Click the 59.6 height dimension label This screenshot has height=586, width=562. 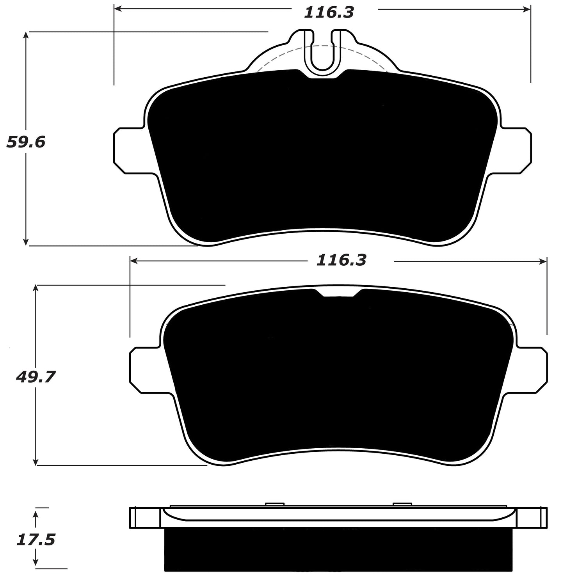tap(26, 142)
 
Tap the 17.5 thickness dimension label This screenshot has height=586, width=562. tap(36, 540)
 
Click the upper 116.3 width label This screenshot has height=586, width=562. tap(329, 12)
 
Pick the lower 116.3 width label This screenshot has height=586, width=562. tap(341, 260)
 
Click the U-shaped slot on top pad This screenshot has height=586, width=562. tap(322, 51)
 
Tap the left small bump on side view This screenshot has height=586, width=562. tap(274, 504)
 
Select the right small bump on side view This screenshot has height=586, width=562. tap(402, 504)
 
